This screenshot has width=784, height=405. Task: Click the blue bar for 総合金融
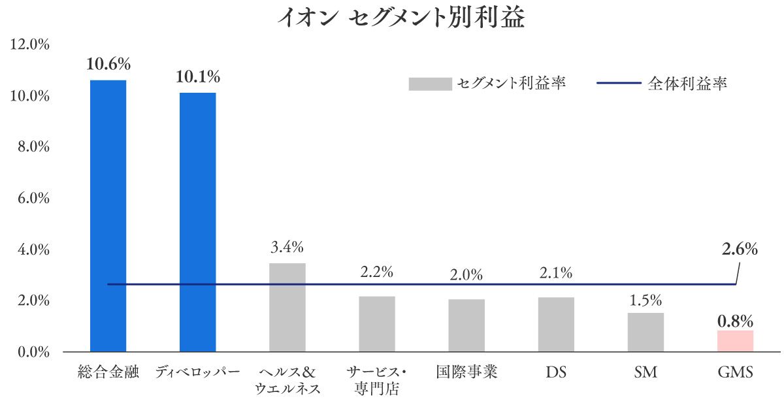point(108,216)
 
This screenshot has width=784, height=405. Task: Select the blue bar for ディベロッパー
point(197,222)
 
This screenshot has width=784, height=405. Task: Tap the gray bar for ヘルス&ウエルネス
point(287,308)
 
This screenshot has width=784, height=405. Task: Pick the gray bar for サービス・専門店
point(377,324)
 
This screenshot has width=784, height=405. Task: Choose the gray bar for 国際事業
point(466,325)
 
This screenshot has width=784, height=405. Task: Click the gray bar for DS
point(556,325)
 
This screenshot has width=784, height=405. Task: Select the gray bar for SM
point(645,332)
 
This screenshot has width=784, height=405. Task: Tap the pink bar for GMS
point(735,341)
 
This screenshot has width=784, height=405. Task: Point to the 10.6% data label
point(108,65)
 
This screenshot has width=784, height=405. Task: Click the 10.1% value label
point(197,77)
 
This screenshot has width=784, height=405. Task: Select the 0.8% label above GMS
point(735,321)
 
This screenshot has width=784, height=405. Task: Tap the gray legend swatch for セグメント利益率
point(430,84)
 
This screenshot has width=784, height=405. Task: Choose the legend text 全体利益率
point(687,84)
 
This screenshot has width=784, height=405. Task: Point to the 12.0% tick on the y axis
point(30,44)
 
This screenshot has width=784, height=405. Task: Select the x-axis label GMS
point(735,373)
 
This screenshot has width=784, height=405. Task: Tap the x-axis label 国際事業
point(466,372)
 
